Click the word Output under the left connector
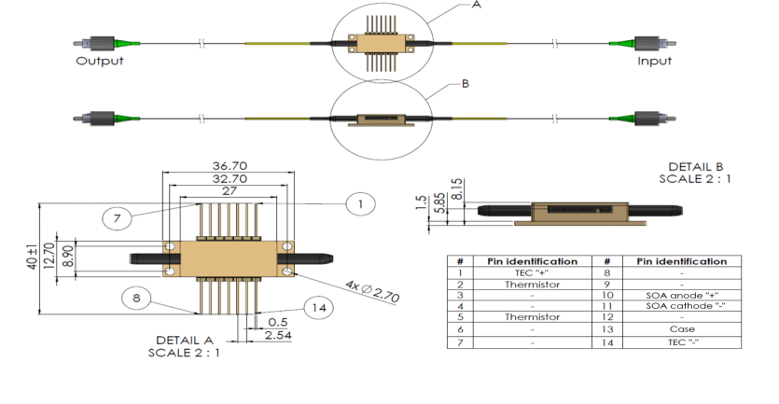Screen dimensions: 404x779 99,62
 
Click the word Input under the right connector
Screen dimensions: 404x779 654,62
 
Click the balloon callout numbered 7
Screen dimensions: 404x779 117,218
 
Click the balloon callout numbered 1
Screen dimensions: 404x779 358,203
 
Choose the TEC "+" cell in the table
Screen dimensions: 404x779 531,272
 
